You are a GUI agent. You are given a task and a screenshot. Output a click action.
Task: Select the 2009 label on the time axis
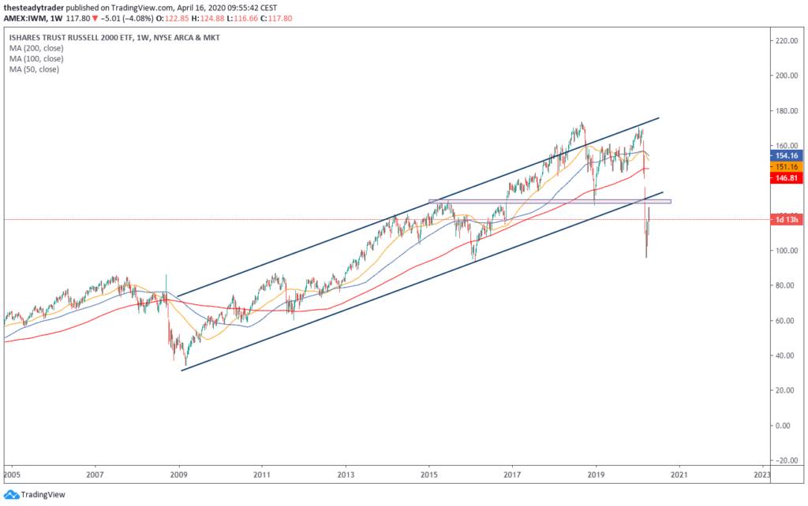179,475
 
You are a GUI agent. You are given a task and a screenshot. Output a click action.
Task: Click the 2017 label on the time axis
513,475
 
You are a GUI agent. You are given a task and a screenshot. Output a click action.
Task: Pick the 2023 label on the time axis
762,475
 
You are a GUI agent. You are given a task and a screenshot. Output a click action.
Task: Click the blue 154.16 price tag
788,156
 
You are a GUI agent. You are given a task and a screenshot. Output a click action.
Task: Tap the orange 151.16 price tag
788,167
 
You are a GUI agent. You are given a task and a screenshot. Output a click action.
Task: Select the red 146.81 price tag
788,179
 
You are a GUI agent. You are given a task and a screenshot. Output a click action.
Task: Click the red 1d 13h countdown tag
788,220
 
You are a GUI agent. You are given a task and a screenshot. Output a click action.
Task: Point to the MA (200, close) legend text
36,48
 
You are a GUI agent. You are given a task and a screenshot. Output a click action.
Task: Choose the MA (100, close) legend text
36,58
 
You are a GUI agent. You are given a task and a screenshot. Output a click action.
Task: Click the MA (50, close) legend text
34,69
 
